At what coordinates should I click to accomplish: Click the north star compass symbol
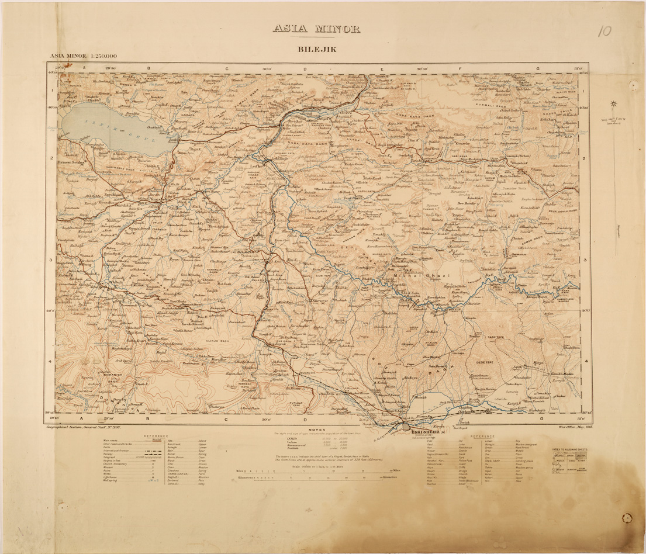click(614, 105)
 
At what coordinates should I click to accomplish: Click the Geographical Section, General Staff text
click(80, 427)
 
